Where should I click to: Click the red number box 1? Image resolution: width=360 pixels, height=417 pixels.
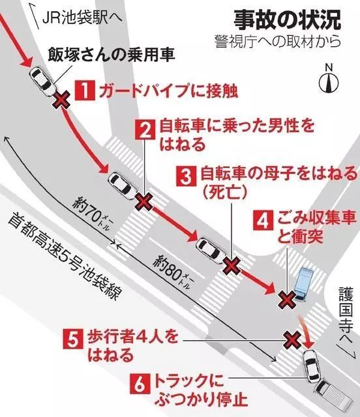click(84, 89)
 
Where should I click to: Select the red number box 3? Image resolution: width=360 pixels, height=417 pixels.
click(187, 175)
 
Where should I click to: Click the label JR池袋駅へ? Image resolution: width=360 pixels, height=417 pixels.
click(76, 17)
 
